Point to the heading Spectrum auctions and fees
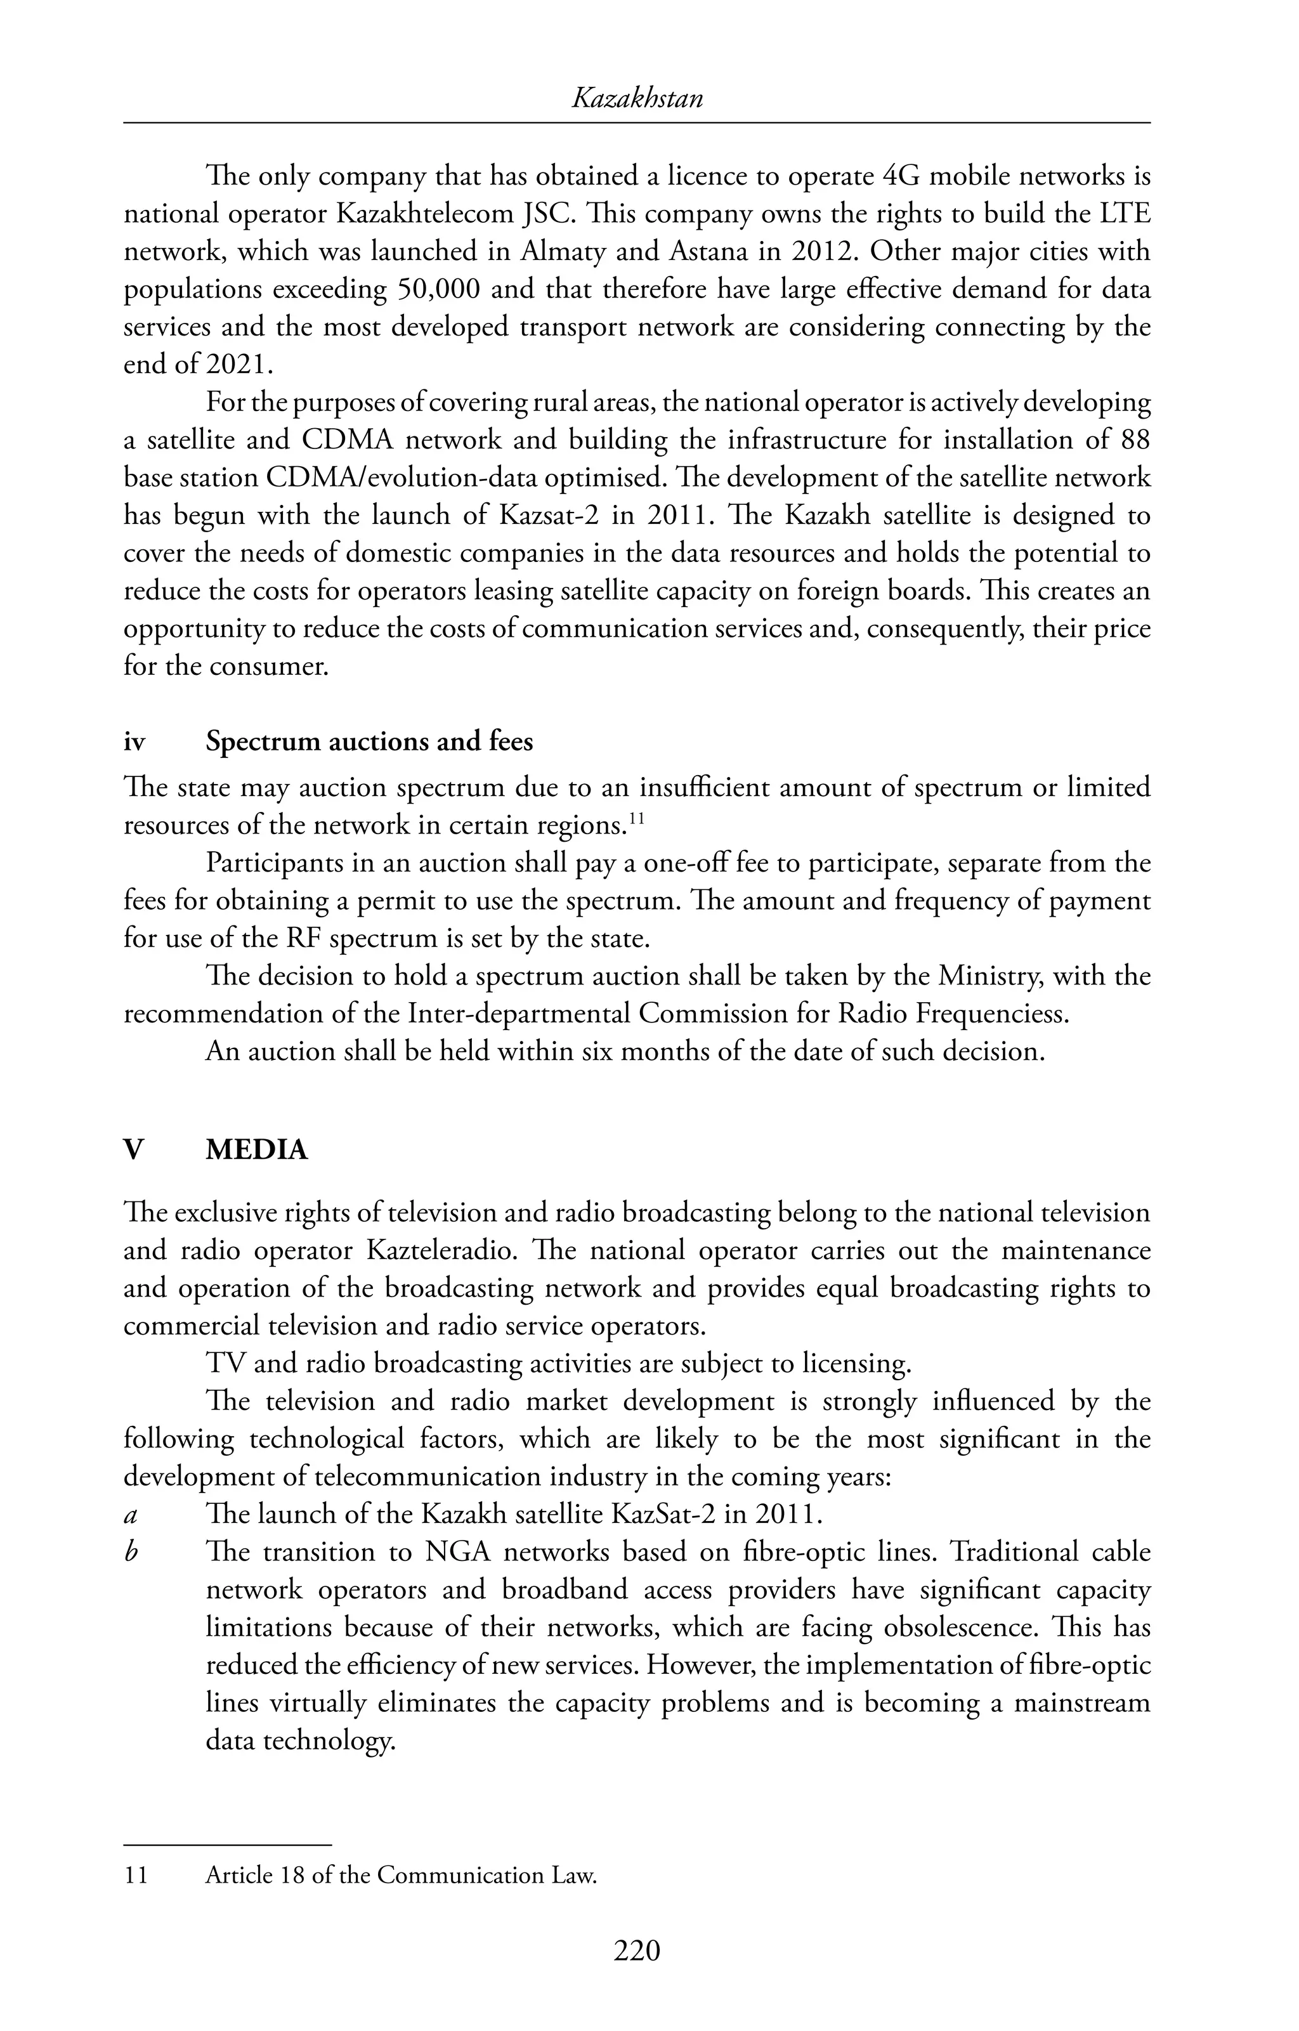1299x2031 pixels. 369,741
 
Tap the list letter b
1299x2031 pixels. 131,1553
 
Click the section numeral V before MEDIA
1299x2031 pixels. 133,1151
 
